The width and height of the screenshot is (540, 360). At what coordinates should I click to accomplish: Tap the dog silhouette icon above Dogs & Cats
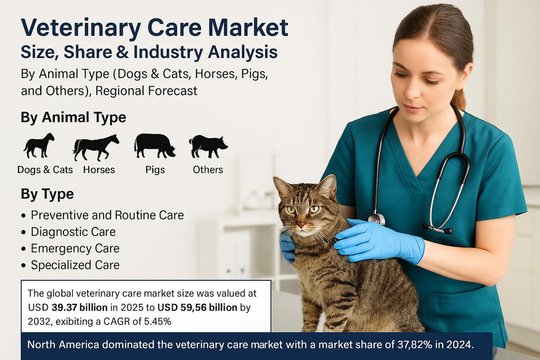coord(39,145)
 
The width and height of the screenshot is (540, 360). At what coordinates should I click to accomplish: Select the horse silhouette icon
coord(96,147)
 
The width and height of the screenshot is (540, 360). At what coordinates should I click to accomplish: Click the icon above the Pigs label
coord(154,146)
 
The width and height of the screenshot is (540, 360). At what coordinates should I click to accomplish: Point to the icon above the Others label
coord(208,146)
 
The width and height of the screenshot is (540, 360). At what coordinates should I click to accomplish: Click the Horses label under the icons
coord(99,170)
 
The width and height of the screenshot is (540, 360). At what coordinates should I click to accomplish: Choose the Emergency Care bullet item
coord(75,248)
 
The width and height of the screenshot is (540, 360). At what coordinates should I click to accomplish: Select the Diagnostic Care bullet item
coord(73,232)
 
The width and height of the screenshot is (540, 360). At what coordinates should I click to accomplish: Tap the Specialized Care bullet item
coord(75,265)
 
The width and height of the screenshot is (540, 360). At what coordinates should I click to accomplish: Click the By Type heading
coord(47,194)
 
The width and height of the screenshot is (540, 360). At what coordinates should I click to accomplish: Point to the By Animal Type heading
coord(73,118)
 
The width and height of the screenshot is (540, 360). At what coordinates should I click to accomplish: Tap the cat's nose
coord(301,224)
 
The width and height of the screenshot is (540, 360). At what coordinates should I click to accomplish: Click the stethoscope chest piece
coord(377,219)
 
